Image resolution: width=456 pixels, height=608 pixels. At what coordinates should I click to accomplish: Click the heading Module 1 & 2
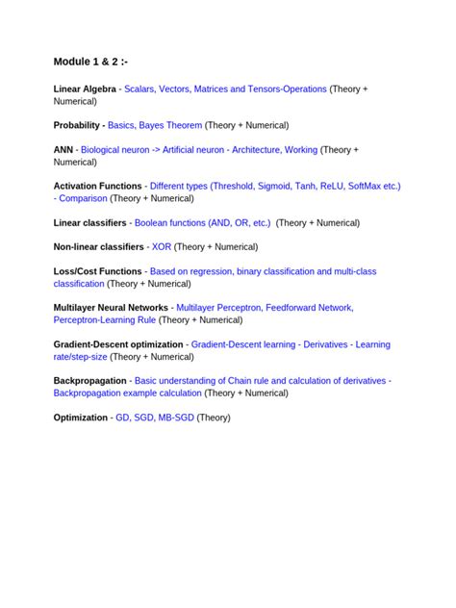click(90, 63)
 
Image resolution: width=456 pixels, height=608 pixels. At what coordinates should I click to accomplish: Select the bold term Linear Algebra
click(85, 89)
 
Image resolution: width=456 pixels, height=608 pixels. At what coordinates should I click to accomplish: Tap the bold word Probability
click(77, 125)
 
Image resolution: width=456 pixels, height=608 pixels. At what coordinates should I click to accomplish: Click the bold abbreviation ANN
click(63, 150)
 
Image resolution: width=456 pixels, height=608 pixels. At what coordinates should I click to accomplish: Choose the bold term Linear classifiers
click(89, 222)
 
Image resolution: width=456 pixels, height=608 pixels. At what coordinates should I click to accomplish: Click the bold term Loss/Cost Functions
click(97, 272)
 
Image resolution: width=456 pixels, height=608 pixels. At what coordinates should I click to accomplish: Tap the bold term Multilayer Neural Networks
click(111, 308)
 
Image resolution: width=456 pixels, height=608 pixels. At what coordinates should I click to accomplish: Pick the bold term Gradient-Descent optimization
click(117, 344)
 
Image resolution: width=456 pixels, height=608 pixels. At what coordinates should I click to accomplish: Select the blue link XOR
click(161, 247)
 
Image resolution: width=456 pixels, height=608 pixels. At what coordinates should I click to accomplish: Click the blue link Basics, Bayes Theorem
click(155, 125)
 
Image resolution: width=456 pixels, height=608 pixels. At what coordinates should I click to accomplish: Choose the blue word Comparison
click(83, 198)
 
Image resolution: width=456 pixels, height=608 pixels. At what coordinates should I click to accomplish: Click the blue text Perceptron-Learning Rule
click(104, 319)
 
